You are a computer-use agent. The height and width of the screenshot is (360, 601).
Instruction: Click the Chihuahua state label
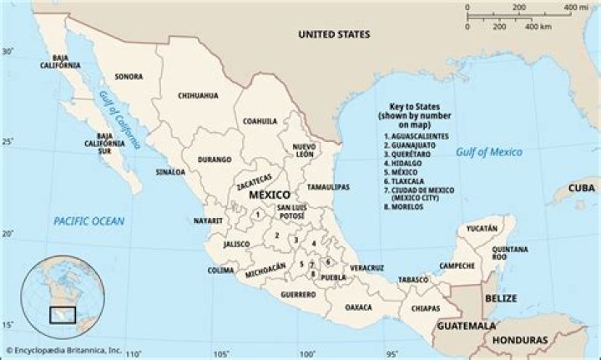198,96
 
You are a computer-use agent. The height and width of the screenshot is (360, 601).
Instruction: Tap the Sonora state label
129,77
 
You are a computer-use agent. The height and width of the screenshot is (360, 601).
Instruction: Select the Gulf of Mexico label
489,152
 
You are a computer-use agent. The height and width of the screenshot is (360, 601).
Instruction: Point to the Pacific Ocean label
88,221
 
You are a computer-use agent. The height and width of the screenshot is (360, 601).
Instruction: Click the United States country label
335,34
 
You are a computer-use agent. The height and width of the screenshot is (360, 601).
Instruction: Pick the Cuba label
582,188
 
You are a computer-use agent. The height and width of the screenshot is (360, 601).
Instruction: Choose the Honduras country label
520,341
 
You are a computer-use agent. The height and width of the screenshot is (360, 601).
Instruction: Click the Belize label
503,298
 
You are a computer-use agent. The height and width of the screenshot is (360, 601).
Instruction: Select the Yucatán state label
482,228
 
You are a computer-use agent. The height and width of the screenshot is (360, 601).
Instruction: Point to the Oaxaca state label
358,307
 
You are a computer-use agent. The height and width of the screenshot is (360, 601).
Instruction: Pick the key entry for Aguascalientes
417,136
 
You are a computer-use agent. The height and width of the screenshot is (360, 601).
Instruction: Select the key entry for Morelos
404,206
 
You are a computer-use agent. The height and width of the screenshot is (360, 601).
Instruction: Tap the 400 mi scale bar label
576,8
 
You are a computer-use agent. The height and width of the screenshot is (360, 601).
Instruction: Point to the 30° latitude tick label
8,51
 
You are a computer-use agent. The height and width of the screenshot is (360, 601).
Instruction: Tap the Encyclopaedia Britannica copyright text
63,350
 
